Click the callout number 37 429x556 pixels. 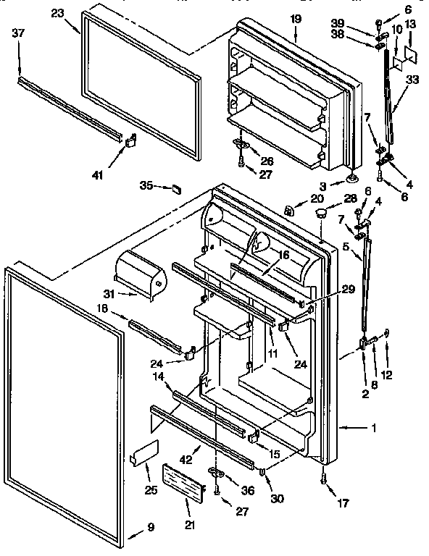(x=20, y=33)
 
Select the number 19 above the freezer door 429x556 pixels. (x=296, y=18)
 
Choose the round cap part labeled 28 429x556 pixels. (x=319, y=213)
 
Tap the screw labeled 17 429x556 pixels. (x=322, y=479)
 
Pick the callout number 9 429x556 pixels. (x=151, y=527)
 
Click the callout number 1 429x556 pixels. (x=373, y=428)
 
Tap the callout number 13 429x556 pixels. (x=410, y=25)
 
